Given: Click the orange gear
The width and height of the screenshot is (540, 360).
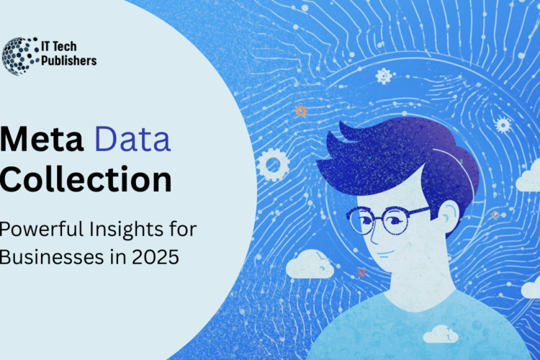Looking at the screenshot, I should click(x=301, y=111).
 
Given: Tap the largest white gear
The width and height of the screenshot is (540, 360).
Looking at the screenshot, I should click(x=273, y=164).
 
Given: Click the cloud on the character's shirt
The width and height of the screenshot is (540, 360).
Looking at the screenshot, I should click(x=441, y=333).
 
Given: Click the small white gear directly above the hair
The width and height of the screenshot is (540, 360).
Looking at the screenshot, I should click(x=384, y=76).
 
